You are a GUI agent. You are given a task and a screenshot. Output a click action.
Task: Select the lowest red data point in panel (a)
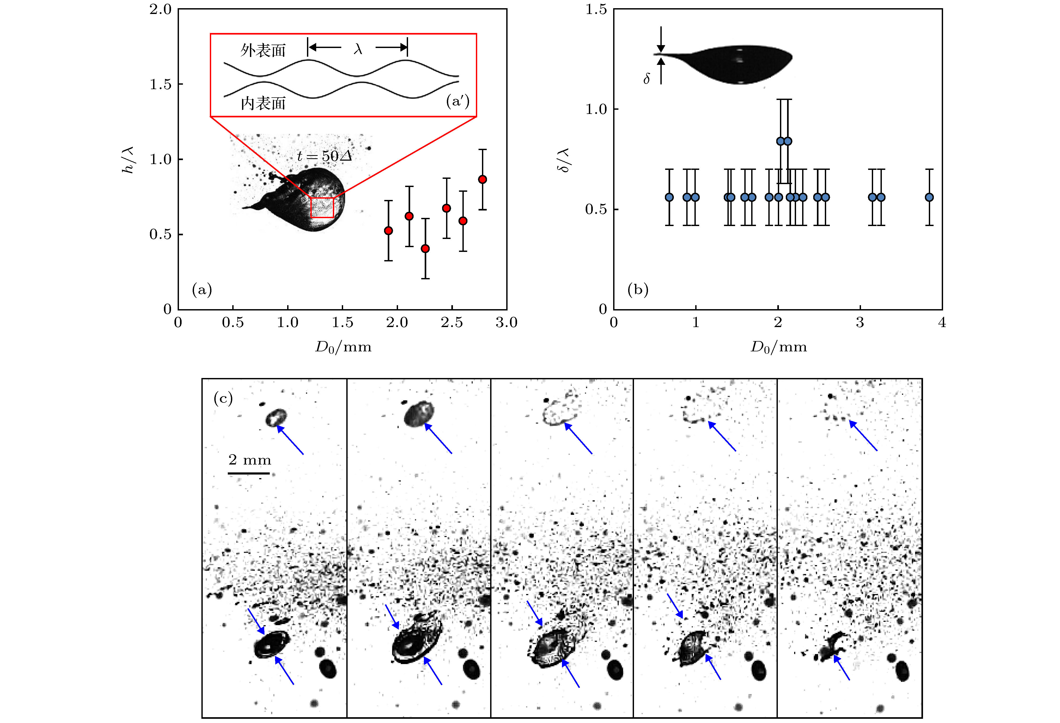pyautogui.click(x=425, y=248)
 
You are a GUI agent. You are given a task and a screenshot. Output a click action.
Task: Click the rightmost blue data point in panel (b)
pyautogui.click(x=929, y=197)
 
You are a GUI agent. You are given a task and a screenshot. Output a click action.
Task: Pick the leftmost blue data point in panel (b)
pyautogui.click(x=669, y=197)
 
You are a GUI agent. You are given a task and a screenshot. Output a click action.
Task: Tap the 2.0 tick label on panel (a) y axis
pyautogui.click(x=160, y=9)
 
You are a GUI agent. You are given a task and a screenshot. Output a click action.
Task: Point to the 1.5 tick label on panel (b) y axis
pyautogui.click(x=596, y=9)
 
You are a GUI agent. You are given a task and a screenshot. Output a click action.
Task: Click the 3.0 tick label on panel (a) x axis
pyautogui.click(x=506, y=323)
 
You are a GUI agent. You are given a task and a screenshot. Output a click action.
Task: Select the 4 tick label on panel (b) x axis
pyautogui.click(x=942, y=323)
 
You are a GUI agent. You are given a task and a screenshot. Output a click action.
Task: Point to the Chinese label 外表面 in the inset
pyautogui.click(x=263, y=50)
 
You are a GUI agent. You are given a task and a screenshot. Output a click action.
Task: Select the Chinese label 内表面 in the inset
pyautogui.click(x=263, y=103)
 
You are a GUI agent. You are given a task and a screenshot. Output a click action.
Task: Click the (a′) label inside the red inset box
pyautogui.click(x=457, y=101)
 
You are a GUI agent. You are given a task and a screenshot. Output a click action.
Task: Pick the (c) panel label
pyautogui.click(x=223, y=399)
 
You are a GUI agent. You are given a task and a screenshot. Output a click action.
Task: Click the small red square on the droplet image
pyautogui.click(x=322, y=207)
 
